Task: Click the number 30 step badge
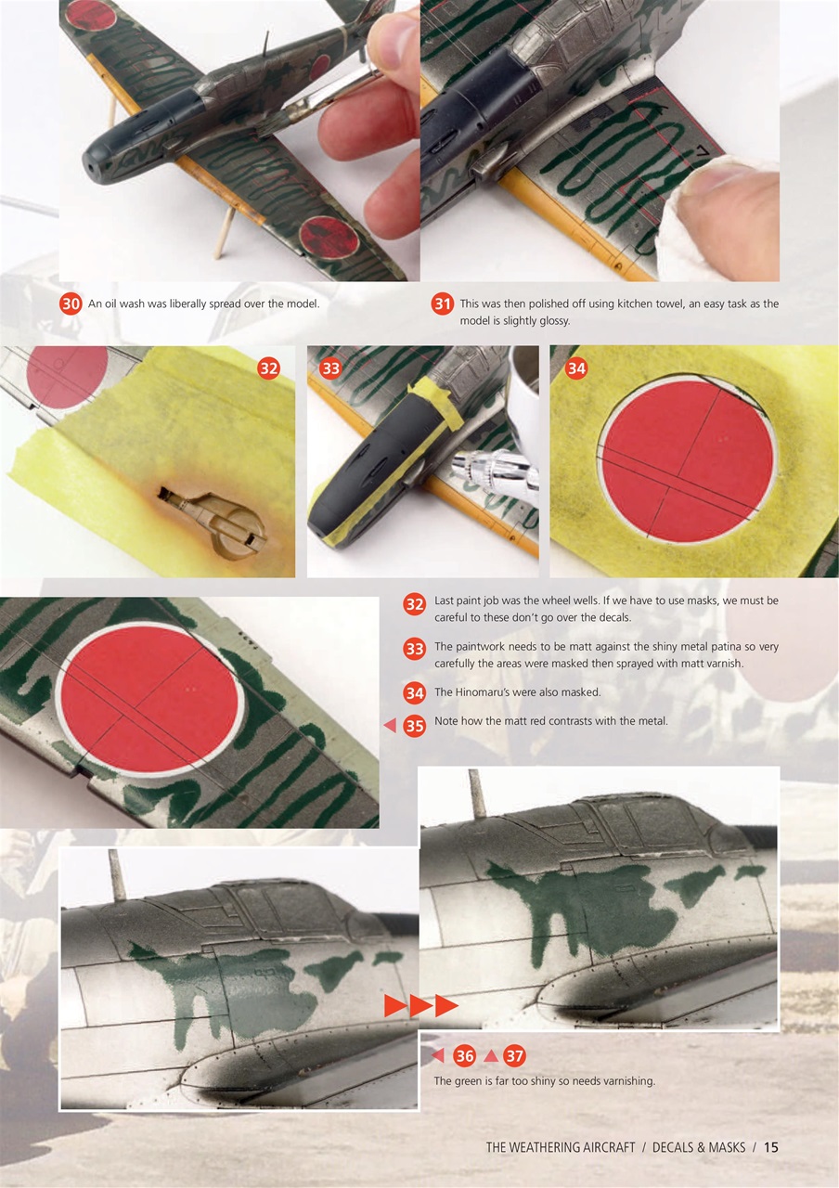[x=71, y=304]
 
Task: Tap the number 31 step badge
[x=443, y=304]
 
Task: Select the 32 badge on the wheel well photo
[x=268, y=368]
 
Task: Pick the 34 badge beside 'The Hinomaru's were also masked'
[x=415, y=693]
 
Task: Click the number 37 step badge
[x=515, y=1056]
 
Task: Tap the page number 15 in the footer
[x=770, y=1147]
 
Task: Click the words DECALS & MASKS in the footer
[x=698, y=1147]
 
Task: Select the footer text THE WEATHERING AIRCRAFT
[x=560, y=1147]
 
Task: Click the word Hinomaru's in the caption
[x=484, y=692]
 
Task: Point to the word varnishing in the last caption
[x=627, y=1080]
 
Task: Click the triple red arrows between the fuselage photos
[x=421, y=1006]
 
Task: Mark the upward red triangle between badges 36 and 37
[x=491, y=1056]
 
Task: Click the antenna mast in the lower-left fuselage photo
[x=118, y=875]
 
